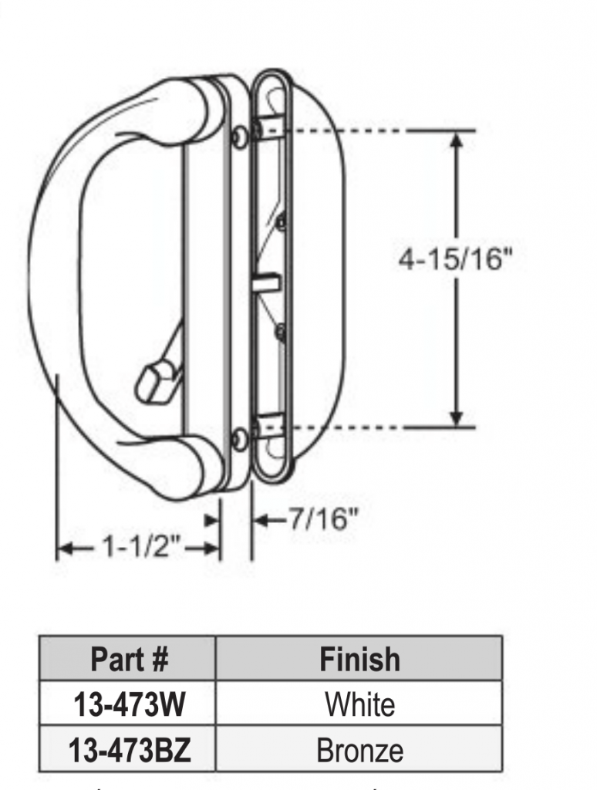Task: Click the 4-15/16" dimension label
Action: [x=455, y=260]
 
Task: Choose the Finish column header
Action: [x=359, y=660]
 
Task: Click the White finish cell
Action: [x=359, y=704]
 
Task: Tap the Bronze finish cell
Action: [x=359, y=749]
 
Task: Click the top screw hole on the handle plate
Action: [x=241, y=135]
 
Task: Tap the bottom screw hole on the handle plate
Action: [x=240, y=440]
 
